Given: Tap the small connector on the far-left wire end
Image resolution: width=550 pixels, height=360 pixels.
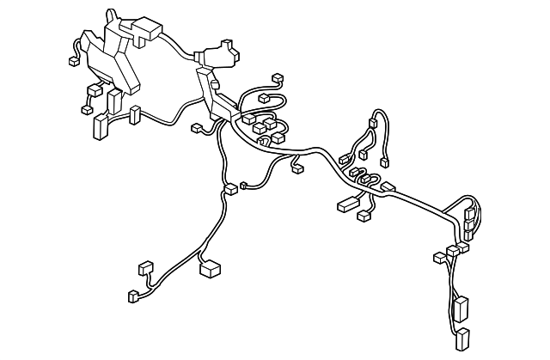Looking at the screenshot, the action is click(71, 62).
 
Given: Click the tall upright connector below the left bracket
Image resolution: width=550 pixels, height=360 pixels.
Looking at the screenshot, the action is click(100, 126).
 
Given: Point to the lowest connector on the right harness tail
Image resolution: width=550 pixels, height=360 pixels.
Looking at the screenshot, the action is click(463, 338).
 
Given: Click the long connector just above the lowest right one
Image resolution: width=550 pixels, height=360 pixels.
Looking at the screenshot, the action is click(461, 308).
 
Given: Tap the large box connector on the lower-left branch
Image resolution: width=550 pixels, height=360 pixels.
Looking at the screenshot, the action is click(211, 270).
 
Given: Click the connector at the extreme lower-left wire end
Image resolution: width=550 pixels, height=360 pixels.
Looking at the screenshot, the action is click(132, 296).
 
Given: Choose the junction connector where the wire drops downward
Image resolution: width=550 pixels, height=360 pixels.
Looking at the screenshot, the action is click(229, 188).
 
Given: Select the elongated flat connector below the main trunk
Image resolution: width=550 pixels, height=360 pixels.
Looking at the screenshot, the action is click(348, 204).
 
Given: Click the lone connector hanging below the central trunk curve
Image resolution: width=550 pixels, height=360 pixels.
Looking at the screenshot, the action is click(297, 168).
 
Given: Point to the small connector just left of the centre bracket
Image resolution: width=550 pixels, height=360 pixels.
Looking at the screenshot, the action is click(197, 129).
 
